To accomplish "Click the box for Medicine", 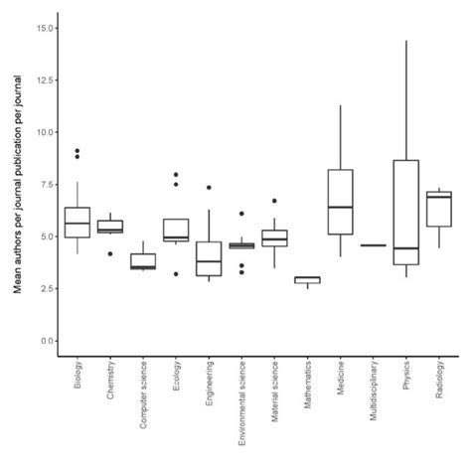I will coord(340,202).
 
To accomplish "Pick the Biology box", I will coord(78,223).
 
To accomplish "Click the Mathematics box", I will coord(307,280).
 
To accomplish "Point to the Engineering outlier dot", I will coord(209,188).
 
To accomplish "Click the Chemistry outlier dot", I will coord(110,253).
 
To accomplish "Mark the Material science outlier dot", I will coord(274,201).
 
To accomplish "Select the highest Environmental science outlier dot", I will coord(241,214).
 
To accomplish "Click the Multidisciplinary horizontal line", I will coord(373,245).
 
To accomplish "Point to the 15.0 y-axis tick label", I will coord(42,28).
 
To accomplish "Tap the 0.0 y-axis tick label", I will coord(45,341).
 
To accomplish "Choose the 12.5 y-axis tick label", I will coord(42,79).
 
